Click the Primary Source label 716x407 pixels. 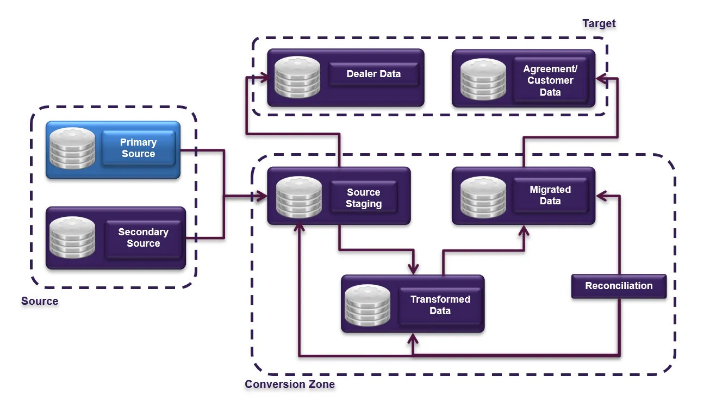click(x=138, y=148)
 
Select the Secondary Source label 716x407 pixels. click(x=143, y=237)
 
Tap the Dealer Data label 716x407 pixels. click(x=373, y=74)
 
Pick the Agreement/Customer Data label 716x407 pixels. click(x=550, y=80)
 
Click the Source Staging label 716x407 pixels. click(x=364, y=198)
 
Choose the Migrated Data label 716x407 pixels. click(x=550, y=195)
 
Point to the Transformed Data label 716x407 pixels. click(x=440, y=305)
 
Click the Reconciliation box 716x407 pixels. click(x=619, y=286)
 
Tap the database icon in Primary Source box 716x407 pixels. click(x=71, y=148)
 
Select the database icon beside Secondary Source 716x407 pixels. click(x=72, y=237)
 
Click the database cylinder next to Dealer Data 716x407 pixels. click(x=297, y=77)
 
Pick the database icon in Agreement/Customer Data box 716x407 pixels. click(x=483, y=79)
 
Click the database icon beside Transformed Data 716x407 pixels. click(x=368, y=305)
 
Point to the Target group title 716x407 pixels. click(x=599, y=23)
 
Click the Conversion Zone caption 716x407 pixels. click(x=289, y=384)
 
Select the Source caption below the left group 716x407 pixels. click(x=40, y=301)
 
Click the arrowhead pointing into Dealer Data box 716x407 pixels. click(x=265, y=78)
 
